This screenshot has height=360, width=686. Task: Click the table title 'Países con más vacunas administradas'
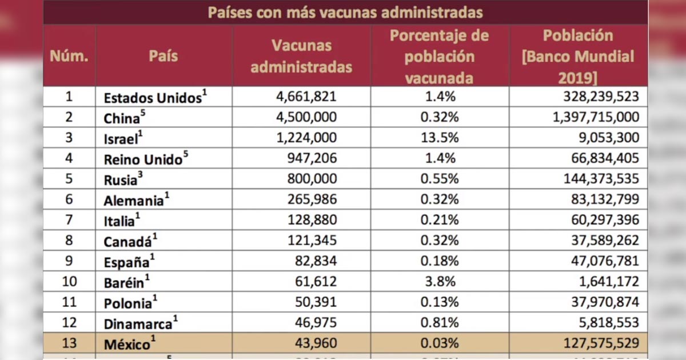point(345,12)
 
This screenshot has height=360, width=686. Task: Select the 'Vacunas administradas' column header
point(301,56)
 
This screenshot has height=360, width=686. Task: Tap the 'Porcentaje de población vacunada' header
point(439,56)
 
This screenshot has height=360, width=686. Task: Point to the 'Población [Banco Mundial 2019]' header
point(578,56)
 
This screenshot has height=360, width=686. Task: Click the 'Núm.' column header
point(69,56)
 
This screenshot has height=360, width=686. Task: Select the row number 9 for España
point(69,261)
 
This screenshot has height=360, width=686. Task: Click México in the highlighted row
point(127,345)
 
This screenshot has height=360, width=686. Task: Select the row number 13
point(69,344)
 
